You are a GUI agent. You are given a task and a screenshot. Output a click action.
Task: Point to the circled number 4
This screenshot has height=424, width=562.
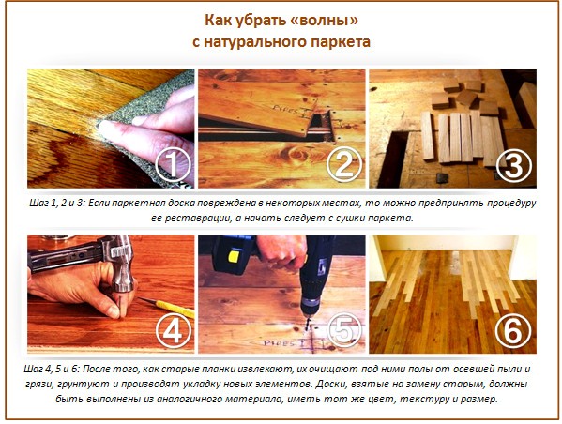pos(175,330)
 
